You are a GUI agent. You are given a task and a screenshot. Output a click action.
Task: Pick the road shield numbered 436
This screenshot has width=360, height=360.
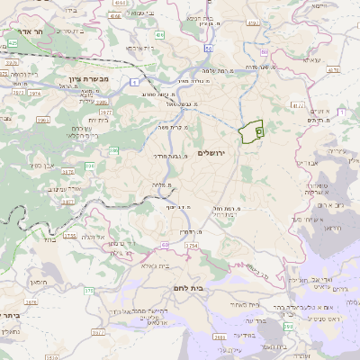click(160, 34)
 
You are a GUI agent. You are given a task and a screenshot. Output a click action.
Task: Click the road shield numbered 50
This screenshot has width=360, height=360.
click(209, 48)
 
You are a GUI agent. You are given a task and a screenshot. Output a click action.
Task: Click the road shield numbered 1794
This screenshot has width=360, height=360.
click(191, 245)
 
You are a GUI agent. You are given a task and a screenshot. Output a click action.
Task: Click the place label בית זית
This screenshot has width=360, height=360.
click(97, 119)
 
